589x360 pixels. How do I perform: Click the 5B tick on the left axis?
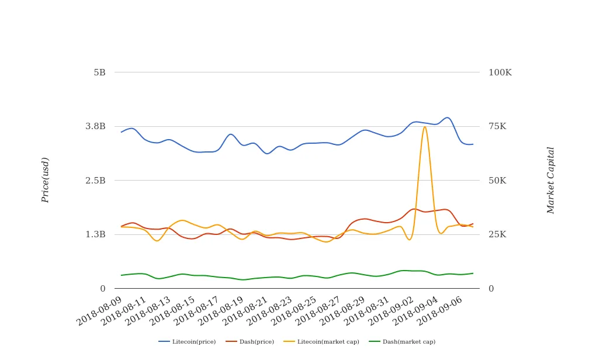(x=99, y=72)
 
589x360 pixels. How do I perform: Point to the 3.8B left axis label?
(x=95, y=126)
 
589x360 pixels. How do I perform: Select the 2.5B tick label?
(x=95, y=181)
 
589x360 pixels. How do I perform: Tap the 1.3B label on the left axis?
(x=95, y=234)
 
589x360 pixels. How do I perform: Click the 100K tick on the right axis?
(x=500, y=72)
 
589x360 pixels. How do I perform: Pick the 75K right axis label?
(x=498, y=126)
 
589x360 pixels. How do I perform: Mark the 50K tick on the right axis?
(x=498, y=181)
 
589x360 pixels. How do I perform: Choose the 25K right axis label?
(x=498, y=234)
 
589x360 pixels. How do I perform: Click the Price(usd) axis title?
(x=46, y=180)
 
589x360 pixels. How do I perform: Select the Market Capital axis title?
(x=550, y=180)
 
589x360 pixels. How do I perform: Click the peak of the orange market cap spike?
(x=425, y=127)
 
